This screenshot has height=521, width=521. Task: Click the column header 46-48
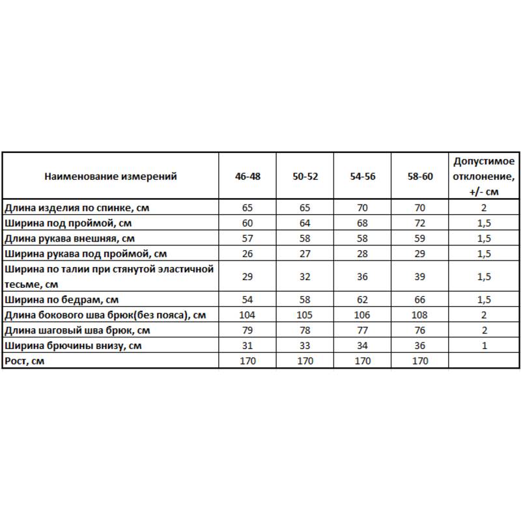coord(247,176)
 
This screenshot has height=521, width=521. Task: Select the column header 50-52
coord(305,176)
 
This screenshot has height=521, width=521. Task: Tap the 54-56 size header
coord(362,176)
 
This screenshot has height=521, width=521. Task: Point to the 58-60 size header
coord(419,176)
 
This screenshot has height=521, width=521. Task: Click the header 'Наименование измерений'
coord(111,176)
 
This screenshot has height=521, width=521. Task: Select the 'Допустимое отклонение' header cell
coord(484,176)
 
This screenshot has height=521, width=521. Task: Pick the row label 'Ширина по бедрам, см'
coord(61,300)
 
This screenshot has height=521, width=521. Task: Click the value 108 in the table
coord(419,316)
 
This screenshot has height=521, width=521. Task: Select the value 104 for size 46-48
coord(247,316)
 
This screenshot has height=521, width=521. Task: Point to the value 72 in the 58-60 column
coord(419,223)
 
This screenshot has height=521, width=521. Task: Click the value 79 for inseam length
coord(247,331)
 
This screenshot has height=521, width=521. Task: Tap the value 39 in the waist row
coord(419,277)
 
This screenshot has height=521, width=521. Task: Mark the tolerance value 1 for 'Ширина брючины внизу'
coord(484,346)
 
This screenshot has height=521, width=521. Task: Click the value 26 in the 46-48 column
coord(247,253)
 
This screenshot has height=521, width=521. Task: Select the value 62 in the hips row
coord(362,300)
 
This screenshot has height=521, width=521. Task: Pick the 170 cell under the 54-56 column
coord(362,361)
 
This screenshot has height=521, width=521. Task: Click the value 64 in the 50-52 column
coord(305,223)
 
